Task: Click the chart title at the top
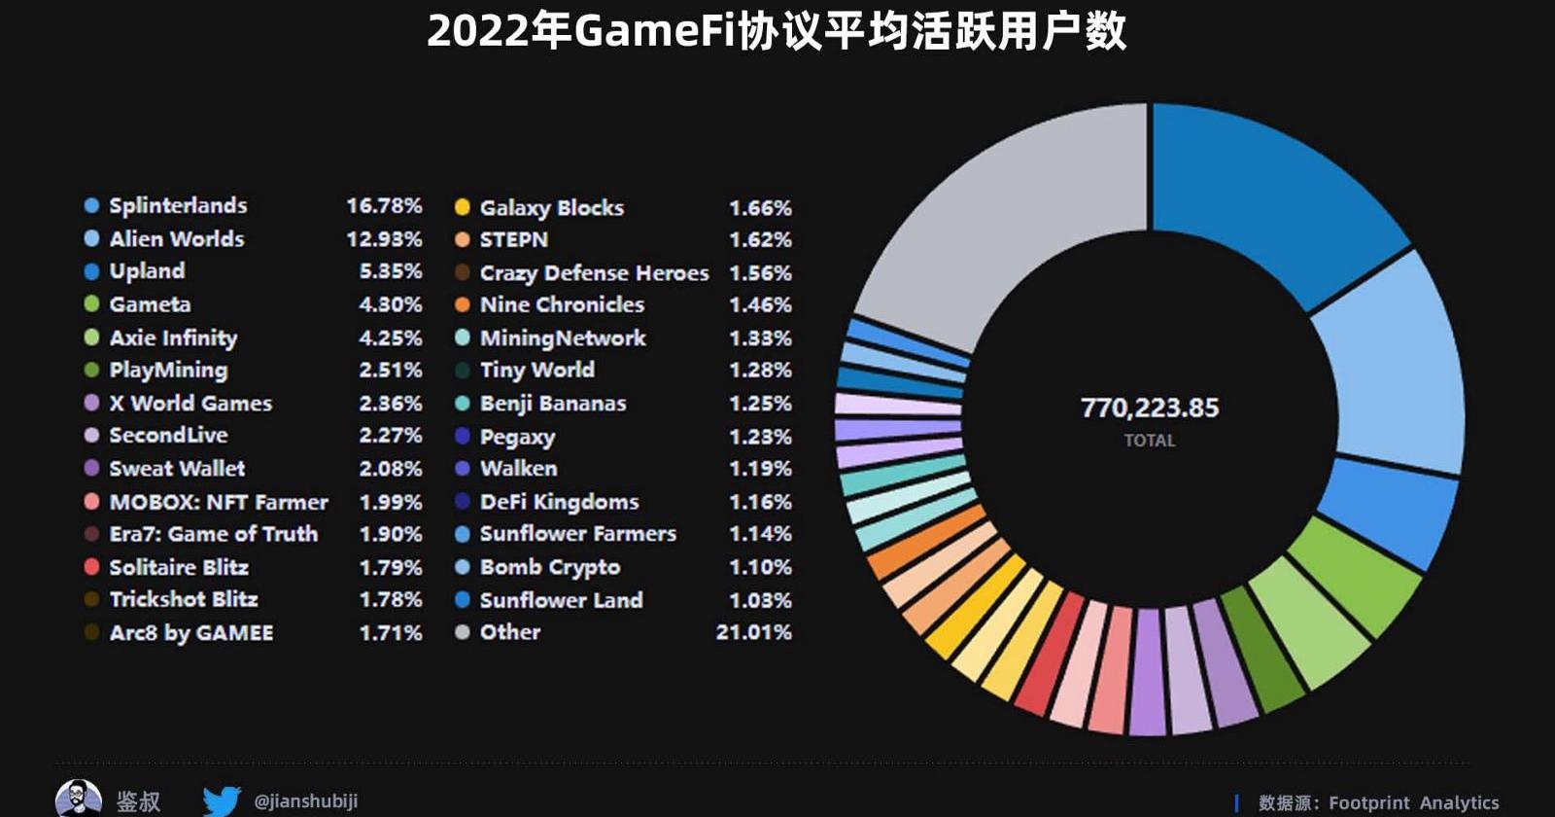[x=777, y=31]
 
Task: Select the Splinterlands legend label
[x=178, y=205]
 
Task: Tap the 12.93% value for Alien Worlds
[x=384, y=238]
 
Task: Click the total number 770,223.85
[x=1150, y=408]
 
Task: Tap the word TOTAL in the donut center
[x=1150, y=441]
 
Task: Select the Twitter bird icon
[x=222, y=800]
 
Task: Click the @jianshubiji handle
[x=305, y=800]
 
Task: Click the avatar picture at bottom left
[x=78, y=799]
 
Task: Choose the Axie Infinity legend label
[x=173, y=337]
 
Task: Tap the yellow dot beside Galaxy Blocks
[x=463, y=207]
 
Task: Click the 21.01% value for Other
[x=753, y=632]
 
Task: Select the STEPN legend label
[x=513, y=239]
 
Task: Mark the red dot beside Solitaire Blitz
[x=91, y=567]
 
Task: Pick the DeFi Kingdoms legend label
[x=559, y=502]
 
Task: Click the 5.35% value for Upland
[x=391, y=271]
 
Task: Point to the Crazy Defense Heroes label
[x=594, y=273]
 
